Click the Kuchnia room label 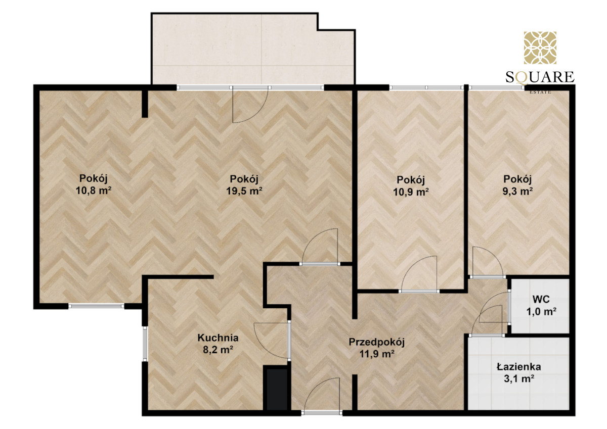click(x=218, y=338)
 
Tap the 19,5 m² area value click(x=244, y=191)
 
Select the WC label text click(x=541, y=299)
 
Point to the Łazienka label click(x=518, y=367)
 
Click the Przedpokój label click(x=376, y=343)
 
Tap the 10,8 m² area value click(x=94, y=190)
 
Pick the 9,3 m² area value click(x=518, y=192)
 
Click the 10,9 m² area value click(x=411, y=192)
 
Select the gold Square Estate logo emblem click(x=540, y=47)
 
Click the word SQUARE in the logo click(x=540, y=77)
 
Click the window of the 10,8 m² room click(x=96, y=306)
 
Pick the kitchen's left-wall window click(x=145, y=344)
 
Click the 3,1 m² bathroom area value click(x=519, y=378)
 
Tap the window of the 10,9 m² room click(x=426, y=87)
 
